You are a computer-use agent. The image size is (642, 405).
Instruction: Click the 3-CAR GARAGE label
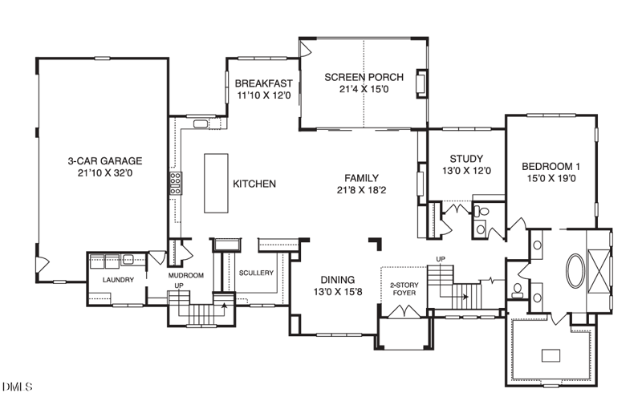point(105,160)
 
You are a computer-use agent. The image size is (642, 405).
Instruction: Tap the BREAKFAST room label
point(264,83)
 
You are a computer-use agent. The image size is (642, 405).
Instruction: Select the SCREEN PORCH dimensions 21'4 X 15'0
point(364,89)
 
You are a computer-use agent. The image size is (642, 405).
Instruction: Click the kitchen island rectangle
point(216,184)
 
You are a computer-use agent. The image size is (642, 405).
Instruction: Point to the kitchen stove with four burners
point(176,184)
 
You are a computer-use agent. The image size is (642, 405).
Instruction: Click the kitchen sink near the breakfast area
point(201,124)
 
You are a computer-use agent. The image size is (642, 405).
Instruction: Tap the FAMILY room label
point(361,178)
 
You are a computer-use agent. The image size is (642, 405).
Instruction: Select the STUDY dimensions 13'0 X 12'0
point(466,171)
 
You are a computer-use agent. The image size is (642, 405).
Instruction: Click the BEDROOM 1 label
point(551,167)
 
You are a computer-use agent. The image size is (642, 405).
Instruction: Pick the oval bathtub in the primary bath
point(575,270)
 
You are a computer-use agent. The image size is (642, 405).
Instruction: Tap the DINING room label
point(337,280)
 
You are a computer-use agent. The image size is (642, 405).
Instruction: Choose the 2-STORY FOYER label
point(404,289)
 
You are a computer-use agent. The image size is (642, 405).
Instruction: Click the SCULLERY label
point(256,273)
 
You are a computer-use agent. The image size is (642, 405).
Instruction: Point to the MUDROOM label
point(186,275)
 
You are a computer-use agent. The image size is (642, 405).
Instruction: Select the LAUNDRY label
point(118,280)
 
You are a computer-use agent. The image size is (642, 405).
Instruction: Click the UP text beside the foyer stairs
point(441,259)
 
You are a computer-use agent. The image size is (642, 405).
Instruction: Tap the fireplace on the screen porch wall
point(421,83)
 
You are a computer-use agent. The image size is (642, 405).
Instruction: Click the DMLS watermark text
point(17,387)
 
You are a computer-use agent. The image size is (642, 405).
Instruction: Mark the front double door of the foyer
point(404,311)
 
